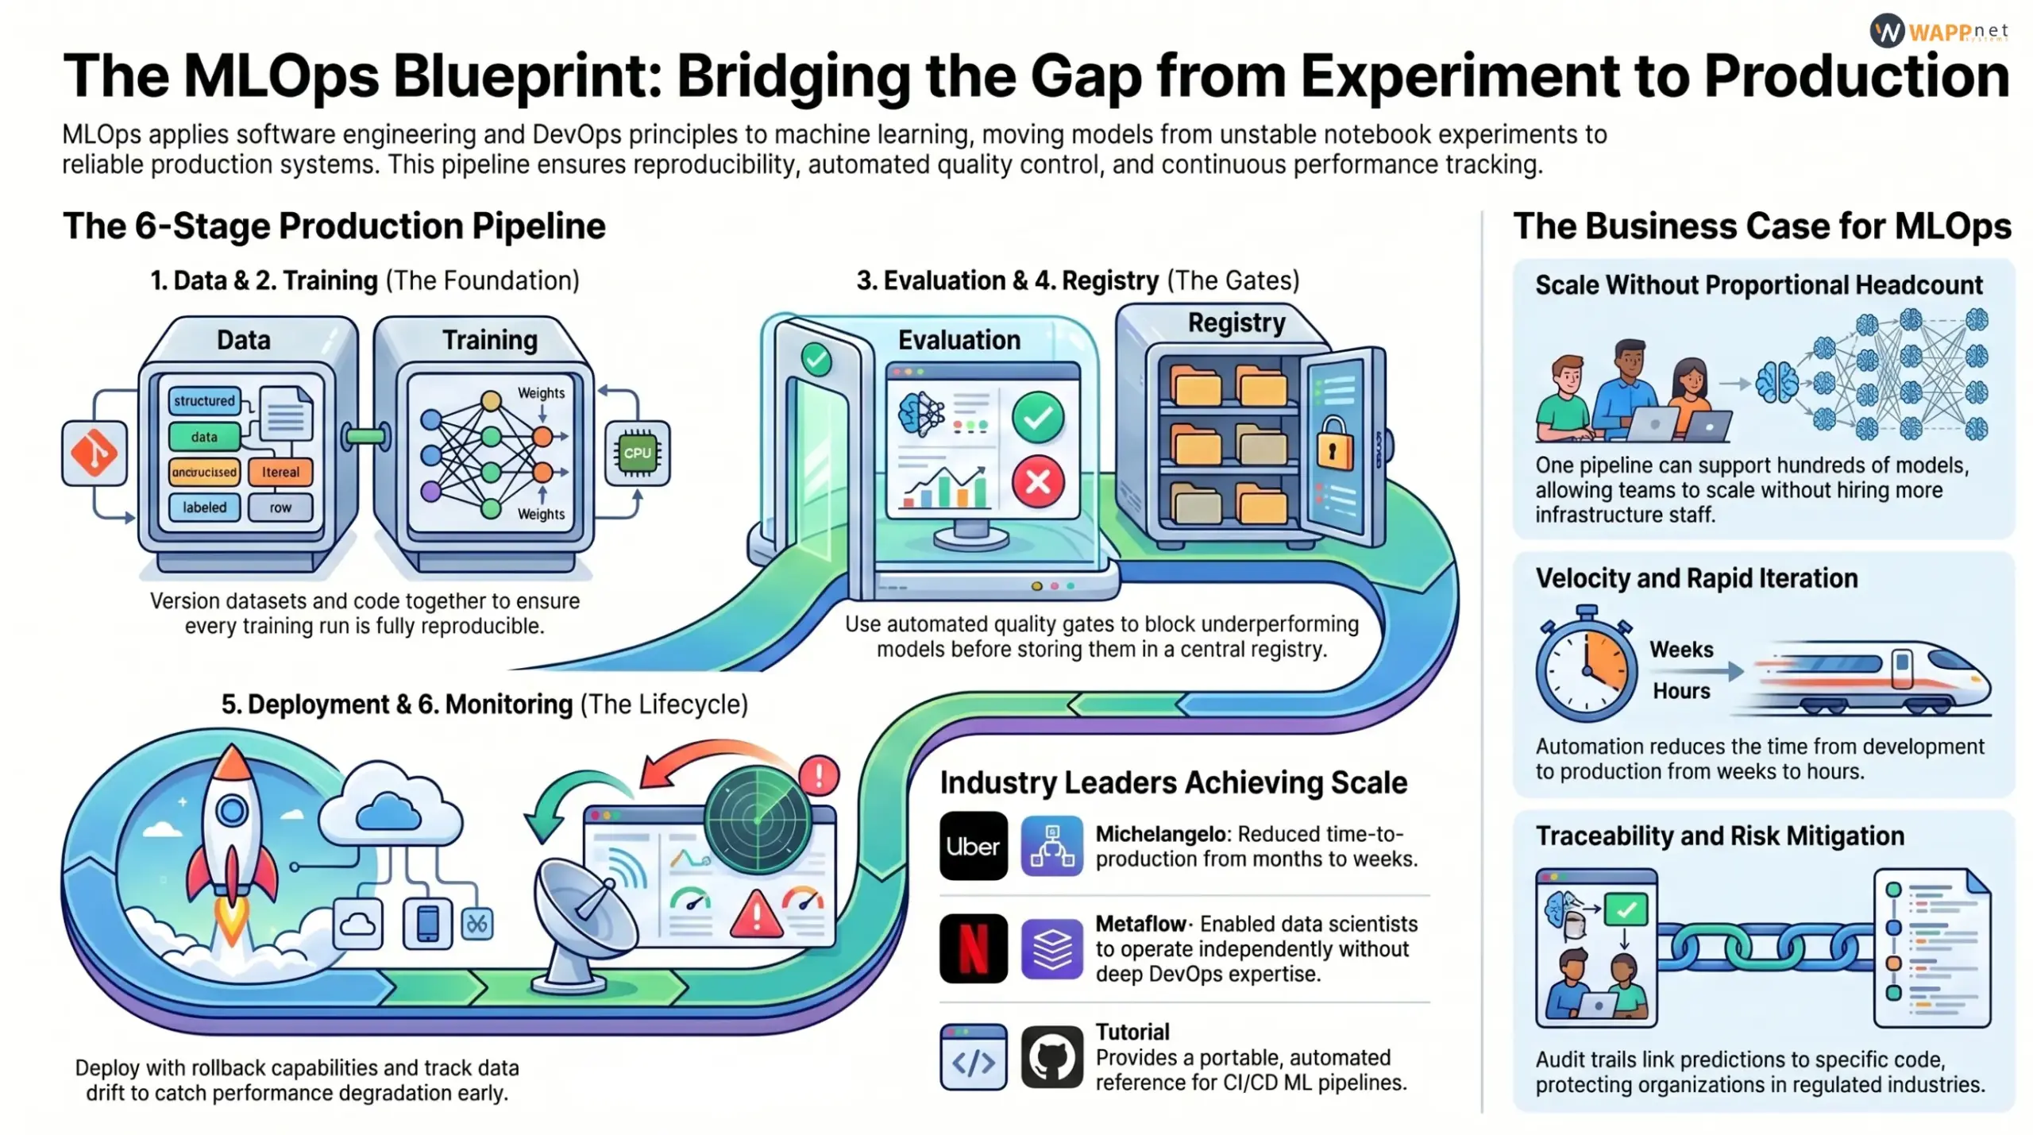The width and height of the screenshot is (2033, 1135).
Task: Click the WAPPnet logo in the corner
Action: [x=1938, y=32]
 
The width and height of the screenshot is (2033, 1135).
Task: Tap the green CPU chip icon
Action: [x=637, y=453]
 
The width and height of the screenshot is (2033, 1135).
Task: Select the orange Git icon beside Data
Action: [x=95, y=453]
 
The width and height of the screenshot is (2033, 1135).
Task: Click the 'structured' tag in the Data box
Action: [x=204, y=400]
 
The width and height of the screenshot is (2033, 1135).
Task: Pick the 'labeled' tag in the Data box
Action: [x=204, y=507]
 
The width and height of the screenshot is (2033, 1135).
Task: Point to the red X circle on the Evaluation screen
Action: [x=1038, y=481]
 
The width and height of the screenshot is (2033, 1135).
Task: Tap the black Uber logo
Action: [x=973, y=846]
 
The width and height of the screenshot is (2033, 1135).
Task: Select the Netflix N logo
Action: [x=973, y=948]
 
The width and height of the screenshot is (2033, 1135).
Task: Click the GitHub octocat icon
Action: [x=1051, y=1056]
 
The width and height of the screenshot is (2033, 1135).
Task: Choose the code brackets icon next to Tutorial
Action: [x=973, y=1058]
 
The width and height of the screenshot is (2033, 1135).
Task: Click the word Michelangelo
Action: [x=1160, y=834]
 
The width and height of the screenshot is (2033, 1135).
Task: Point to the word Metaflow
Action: [x=1140, y=924]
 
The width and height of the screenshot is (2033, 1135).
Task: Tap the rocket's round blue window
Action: [x=232, y=810]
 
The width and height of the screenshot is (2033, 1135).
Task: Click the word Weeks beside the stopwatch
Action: [x=1681, y=650]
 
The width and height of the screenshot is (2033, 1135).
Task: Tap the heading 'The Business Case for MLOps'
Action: [x=1761, y=226]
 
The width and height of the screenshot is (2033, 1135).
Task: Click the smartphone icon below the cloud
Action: [x=427, y=923]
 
